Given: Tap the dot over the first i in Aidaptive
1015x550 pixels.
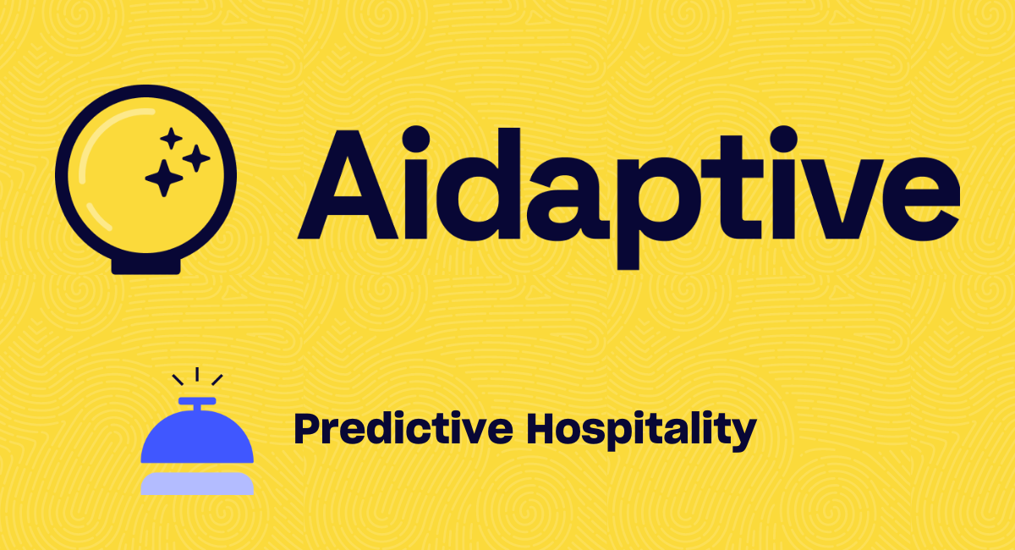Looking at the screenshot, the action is click(x=415, y=140).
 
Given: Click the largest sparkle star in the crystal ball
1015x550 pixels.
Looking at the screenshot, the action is click(x=164, y=179).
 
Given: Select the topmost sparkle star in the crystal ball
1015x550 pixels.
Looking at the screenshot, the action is click(x=171, y=138).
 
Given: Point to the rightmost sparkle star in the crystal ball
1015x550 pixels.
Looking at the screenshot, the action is click(x=196, y=158).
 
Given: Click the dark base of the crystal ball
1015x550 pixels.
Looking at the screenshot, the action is click(x=145, y=267).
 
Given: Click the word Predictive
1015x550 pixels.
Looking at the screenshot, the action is click(x=403, y=428).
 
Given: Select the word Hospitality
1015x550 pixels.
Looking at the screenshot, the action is click(x=642, y=431).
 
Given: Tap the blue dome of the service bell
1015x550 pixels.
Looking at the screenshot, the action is click(x=197, y=436).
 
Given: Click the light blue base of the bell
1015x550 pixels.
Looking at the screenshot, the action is click(x=197, y=483).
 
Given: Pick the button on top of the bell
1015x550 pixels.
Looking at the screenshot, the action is click(x=197, y=401).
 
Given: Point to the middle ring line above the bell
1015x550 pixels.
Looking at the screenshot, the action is click(x=197, y=374).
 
